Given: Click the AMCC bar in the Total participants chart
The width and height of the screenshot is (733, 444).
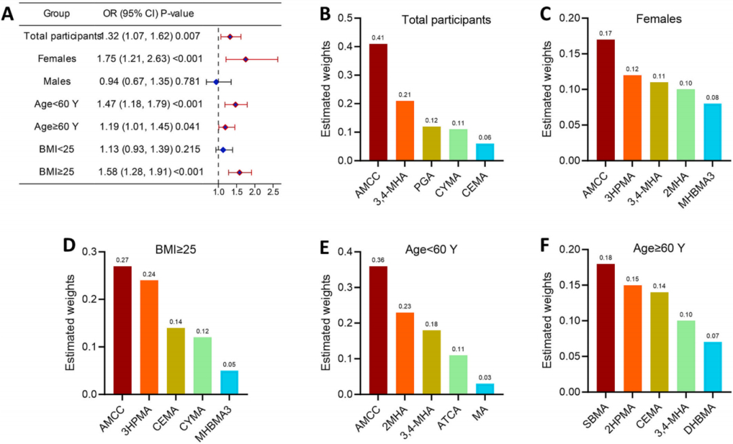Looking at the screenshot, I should pyautogui.click(x=378, y=102).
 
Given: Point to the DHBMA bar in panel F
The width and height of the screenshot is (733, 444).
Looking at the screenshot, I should pyautogui.click(x=708, y=367).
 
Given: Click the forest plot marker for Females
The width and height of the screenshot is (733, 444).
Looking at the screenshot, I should pyautogui.click(x=245, y=59).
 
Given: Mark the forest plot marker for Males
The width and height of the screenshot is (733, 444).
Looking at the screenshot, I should pyautogui.click(x=217, y=81).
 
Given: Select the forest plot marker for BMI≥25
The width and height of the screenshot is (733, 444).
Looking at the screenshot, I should pyautogui.click(x=239, y=172).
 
